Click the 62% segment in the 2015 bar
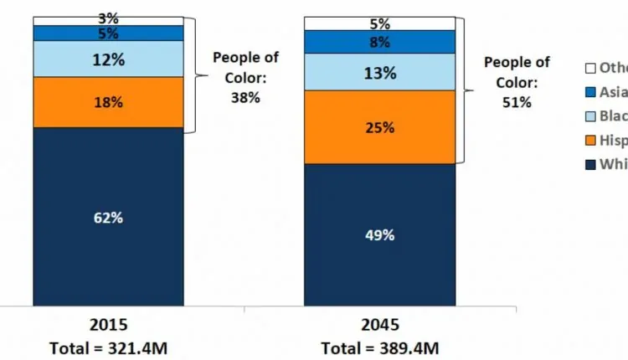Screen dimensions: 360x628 pos(108,217)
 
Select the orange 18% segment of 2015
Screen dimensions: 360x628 pos(108,102)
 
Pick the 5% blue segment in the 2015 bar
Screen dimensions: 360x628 pos(108,33)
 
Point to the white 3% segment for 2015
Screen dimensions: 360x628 pos(108,20)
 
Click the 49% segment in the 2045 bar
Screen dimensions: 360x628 pos(379,234)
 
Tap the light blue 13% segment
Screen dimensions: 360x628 pos(379,72)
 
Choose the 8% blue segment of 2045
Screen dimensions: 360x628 pos(379,42)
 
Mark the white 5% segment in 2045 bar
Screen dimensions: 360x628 pos(379,23)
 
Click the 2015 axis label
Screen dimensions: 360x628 pos(109,323)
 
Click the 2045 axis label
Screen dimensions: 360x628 pos(380,323)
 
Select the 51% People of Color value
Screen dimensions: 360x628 pos(517,102)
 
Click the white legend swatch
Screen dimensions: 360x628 pos(589,68)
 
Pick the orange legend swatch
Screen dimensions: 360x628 pos(589,140)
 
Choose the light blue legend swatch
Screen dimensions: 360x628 pos(589,116)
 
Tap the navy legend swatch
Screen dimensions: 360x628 pos(589,164)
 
